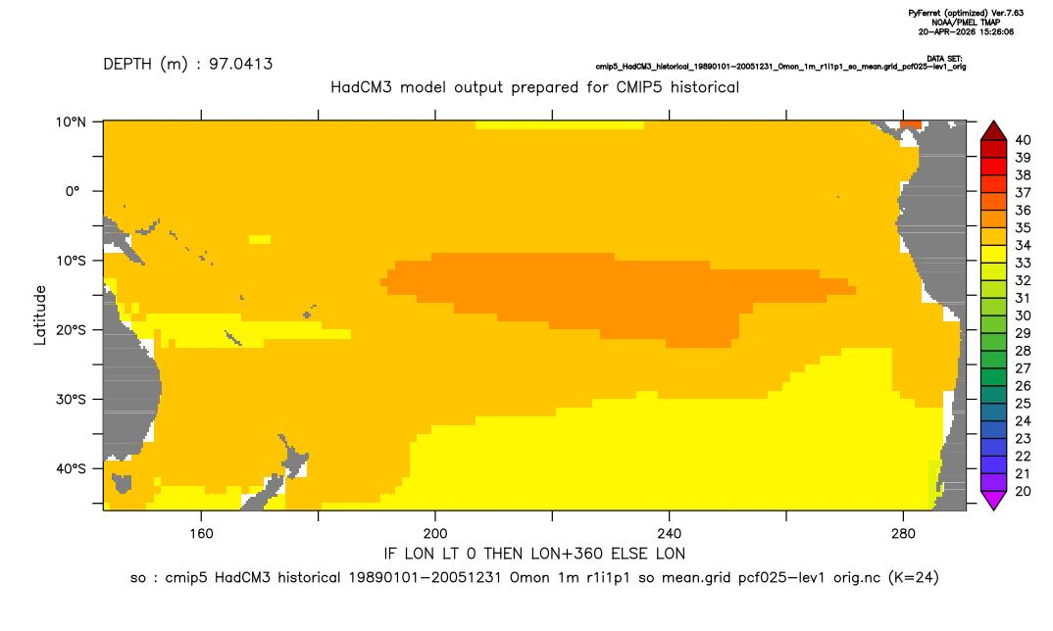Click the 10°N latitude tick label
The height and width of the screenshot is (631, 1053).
pyautogui.click(x=71, y=122)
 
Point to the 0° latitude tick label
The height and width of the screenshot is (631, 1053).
pyautogui.click(x=74, y=191)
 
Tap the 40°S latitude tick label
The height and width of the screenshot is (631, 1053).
pyautogui.click(x=71, y=468)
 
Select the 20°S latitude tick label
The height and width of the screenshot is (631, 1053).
pyautogui.click(x=71, y=330)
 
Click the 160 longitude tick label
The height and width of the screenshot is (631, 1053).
pyautogui.click(x=201, y=534)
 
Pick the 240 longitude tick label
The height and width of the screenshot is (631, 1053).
pyautogui.click(x=670, y=534)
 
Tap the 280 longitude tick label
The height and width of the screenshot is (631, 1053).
pyautogui.click(x=903, y=534)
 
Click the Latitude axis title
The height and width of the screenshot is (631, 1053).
pyautogui.click(x=40, y=315)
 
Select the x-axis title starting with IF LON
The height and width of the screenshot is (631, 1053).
pyautogui.click(x=534, y=554)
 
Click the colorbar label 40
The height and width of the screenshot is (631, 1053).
pyautogui.click(x=1023, y=140)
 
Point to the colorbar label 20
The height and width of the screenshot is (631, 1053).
pyautogui.click(x=1023, y=491)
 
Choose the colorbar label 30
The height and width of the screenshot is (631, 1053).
pyautogui.click(x=1023, y=315)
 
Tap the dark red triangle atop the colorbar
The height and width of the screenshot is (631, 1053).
pyautogui.click(x=993, y=131)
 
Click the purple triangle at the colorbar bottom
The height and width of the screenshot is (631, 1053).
pyautogui.click(x=993, y=500)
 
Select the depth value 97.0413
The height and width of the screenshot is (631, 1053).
pyautogui.click(x=240, y=64)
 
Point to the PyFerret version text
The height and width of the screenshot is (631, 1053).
pyautogui.click(x=967, y=13)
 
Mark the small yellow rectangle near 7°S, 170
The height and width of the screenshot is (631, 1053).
pyautogui.click(x=259, y=240)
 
